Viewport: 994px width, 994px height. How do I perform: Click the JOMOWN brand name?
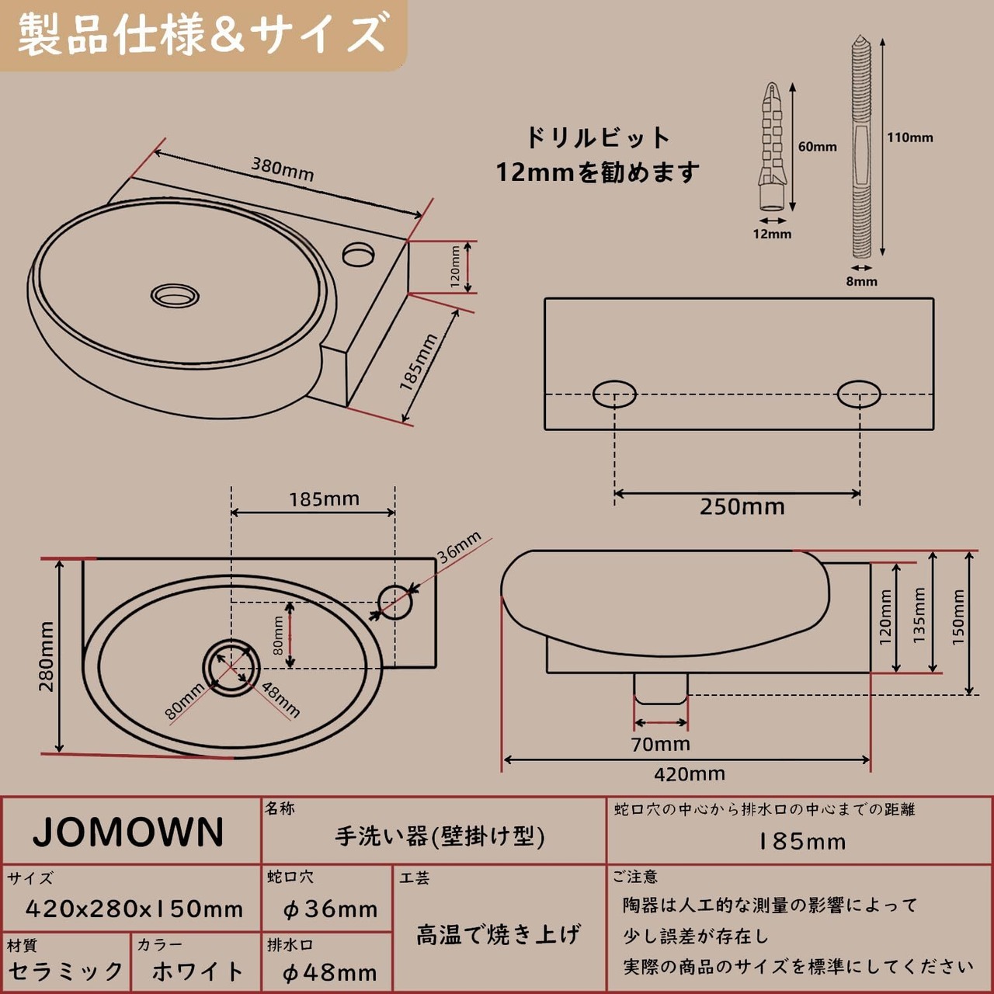tap(129, 832)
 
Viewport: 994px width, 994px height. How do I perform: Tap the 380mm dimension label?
tap(282, 169)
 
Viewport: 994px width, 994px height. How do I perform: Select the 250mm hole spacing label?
tap(742, 507)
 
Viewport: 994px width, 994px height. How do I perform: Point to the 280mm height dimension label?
tap(47, 656)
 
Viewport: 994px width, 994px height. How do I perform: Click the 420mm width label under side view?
tap(689, 773)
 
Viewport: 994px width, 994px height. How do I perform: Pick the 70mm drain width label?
tap(660, 744)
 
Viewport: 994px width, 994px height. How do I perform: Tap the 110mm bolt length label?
tap(909, 137)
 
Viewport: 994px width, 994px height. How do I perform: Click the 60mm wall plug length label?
tap(817, 146)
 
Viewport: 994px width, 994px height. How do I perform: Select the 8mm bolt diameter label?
tap(861, 281)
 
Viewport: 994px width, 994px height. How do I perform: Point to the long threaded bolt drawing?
tap(860, 148)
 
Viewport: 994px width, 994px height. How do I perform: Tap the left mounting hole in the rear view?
tap(614, 394)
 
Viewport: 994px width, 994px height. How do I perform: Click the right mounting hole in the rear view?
tap(859, 394)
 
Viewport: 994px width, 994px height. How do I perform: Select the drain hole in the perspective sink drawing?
tap(175, 295)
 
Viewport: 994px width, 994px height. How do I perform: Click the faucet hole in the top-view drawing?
tap(394, 601)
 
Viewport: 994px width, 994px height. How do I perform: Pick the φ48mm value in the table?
tap(329, 972)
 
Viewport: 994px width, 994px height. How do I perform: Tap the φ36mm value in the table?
tap(329, 909)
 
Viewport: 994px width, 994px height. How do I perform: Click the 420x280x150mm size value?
tap(134, 909)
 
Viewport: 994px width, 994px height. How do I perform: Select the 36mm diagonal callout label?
tap(459, 547)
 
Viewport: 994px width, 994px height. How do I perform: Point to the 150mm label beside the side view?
tap(958, 617)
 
